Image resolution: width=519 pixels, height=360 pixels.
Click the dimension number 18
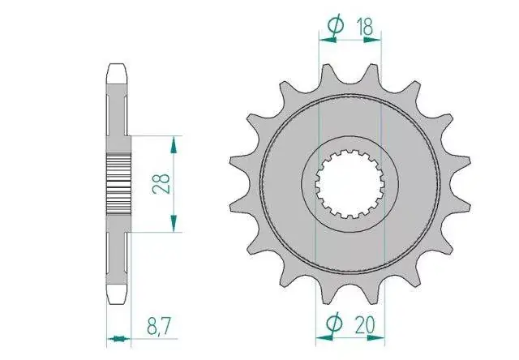[x=365, y=27]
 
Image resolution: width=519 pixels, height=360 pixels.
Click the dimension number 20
[x=365, y=324]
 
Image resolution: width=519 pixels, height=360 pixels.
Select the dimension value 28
[x=161, y=183]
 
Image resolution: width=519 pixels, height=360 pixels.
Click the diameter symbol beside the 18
[x=335, y=25]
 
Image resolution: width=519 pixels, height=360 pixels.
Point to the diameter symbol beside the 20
[x=334, y=323]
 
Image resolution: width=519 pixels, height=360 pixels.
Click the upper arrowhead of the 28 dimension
[x=174, y=145]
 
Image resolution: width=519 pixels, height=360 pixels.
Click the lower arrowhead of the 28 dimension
[x=174, y=223]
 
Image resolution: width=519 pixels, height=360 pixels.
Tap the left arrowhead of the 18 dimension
[x=328, y=40]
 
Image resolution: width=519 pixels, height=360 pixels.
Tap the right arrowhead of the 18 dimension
[x=372, y=40]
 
